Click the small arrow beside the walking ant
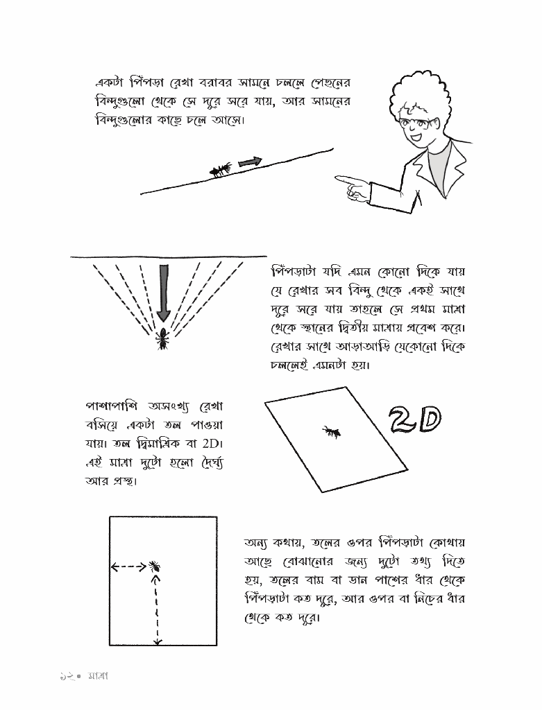pyautogui.click(x=251, y=162)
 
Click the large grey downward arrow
pyautogui.click(x=164, y=291)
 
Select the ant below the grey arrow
pyautogui.click(x=163, y=338)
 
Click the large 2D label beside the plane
pyautogui.click(x=414, y=418)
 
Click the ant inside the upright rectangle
pyautogui.click(x=155, y=566)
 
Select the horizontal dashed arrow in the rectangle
pyautogui.click(x=129, y=567)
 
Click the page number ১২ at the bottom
pyautogui.click(x=67, y=674)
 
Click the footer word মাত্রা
pyautogui.click(x=97, y=674)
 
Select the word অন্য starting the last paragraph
pyautogui.click(x=260, y=542)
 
